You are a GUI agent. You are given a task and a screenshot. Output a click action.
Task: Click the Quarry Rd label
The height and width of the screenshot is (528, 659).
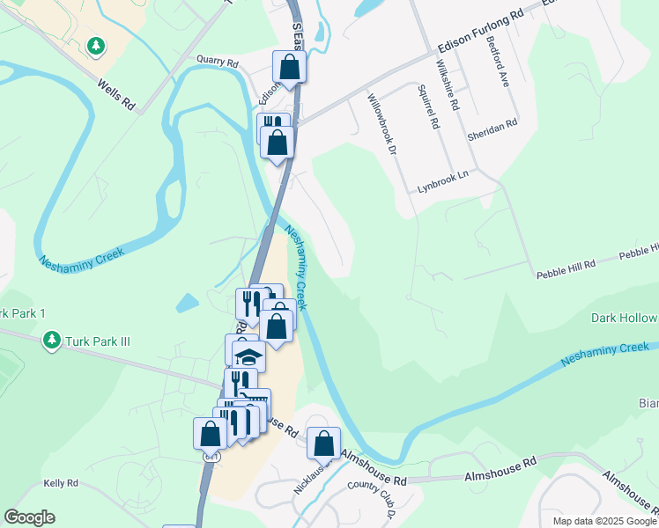219,63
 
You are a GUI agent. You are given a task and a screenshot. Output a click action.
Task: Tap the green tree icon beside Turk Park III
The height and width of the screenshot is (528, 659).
52,339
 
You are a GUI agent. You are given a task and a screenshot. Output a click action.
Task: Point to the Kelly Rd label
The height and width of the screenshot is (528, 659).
61,484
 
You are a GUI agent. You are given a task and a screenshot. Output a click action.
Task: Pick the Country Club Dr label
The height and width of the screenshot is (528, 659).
374,497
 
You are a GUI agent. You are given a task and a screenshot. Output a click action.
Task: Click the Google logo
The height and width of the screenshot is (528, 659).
29,517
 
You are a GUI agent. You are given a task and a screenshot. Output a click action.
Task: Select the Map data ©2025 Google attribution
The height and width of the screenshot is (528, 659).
603,521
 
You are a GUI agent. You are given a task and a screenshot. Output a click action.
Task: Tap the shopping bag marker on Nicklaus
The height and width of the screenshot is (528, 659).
323,441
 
